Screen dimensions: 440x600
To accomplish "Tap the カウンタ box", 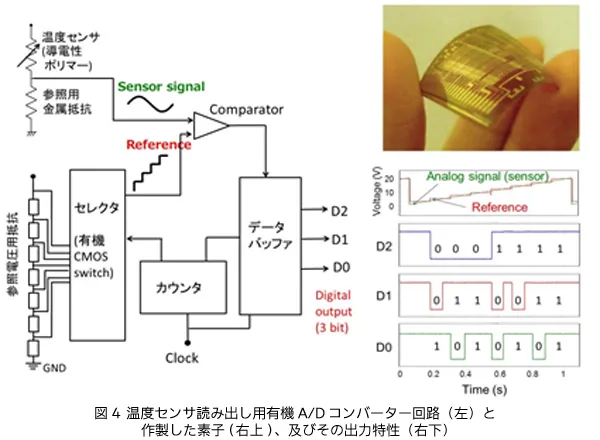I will coord(179,288).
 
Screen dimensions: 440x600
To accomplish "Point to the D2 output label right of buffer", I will coord(338,210).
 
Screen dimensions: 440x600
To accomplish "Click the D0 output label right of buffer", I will coord(338,267).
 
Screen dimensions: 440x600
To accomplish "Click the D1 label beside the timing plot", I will coord(384,298).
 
